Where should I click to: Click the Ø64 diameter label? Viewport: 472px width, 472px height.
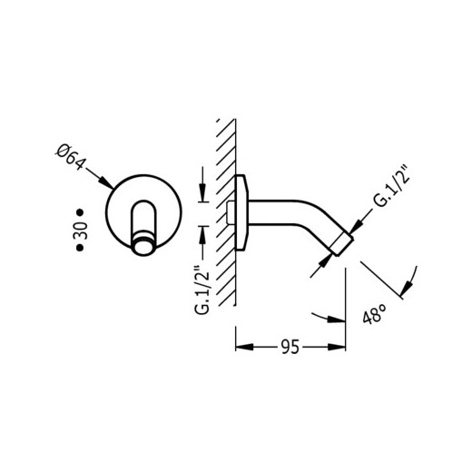(x=71, y=157)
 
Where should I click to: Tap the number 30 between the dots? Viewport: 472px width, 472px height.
(x=81, y=231)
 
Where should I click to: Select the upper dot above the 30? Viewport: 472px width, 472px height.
(x=80, y=212)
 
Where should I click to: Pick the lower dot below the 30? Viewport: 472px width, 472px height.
(x=80, y=248)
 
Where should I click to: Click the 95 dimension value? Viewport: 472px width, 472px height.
(x=290, y=347)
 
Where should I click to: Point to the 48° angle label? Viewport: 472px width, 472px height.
(x=374, y=314)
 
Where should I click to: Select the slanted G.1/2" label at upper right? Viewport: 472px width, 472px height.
(x=391, y=186)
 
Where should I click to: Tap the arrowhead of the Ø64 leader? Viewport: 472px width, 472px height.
(x=106, y=183)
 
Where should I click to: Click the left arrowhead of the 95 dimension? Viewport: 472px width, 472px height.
(x=244, y=347)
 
